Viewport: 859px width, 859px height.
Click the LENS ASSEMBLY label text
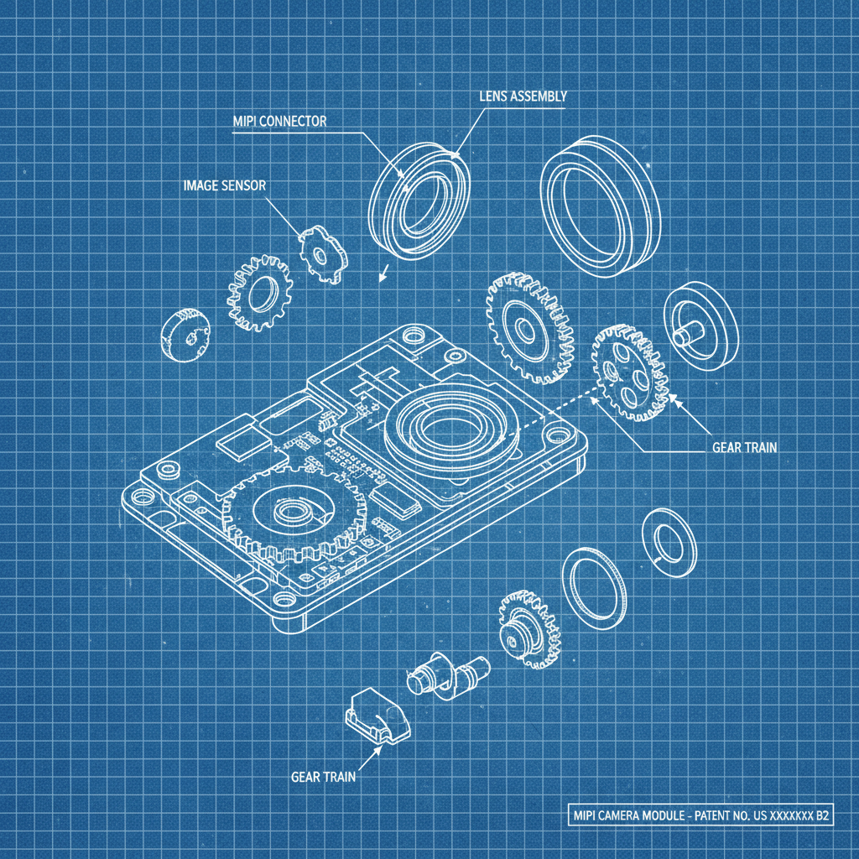tap(523, 96)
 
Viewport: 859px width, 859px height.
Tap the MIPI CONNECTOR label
tap(279, 121)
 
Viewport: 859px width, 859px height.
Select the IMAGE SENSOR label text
tap(224, 185)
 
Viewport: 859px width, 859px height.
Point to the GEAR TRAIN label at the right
tap(745, 448)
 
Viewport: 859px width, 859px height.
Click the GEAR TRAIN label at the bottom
tap(323, 777)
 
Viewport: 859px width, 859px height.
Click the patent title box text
tap(700, 815)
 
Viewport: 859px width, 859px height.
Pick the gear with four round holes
tap(630, 373)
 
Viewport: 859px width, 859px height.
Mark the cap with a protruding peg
tap(701, 326)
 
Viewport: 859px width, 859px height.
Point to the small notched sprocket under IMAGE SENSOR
tap(323, 255)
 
